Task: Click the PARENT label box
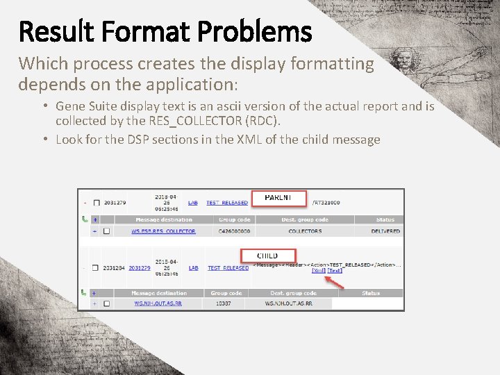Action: point(278,197)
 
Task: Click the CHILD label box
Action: point(267,256)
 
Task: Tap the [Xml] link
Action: point(319,270)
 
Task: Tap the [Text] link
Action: point(335,270)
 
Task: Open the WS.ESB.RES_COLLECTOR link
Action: point(164,231)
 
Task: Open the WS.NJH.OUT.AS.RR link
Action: point(158,303)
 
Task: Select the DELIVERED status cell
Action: point(385,231)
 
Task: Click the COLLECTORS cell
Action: point(305,231)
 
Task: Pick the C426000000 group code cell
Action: point(234,231)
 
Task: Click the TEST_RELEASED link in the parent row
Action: point(227,203)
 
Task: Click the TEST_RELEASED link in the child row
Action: point(228,268)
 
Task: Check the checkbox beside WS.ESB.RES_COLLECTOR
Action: point(106,231)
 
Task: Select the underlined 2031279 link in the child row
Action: point(140,268)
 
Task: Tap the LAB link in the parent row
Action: point(193,203)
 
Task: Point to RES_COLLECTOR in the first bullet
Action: point(189,120)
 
